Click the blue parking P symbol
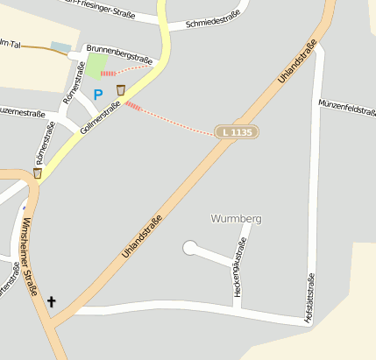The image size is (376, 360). pyautogui.click(x=98, y=94)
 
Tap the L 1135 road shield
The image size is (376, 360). pyautogui.click(x=237, y=131)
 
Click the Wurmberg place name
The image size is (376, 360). pyautogui.click(x=237, y=218)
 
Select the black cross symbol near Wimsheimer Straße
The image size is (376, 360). pyautogui.click(x=51, y=303)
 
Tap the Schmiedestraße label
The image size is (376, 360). pyautogui.click(x=212, y=24)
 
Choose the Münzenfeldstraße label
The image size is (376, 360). pyautogui.click(x=347, y=104)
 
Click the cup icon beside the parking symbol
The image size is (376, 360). pyautogui.click(x=121, y=90)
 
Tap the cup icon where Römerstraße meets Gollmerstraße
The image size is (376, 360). pyautogui.click(x=38, y=173)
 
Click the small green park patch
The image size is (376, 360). pyautogui.click(x=97, y=65)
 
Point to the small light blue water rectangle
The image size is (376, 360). pyautogui.click(x=60, y=46)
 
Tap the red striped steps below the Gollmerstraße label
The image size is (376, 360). pyautogui.click(x=133, y=106)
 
